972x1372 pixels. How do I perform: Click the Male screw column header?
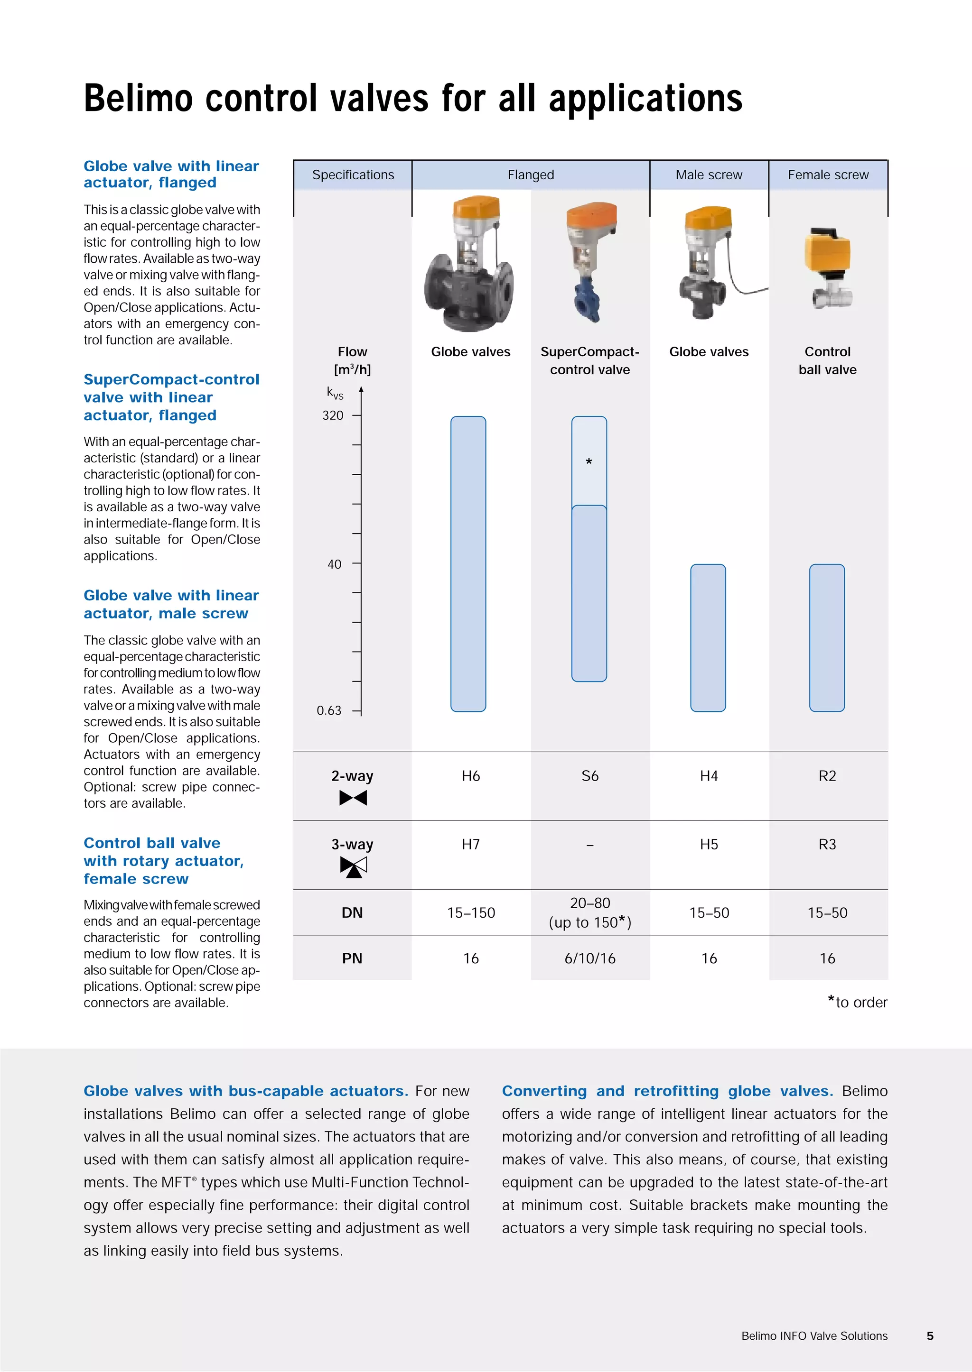click(709, 175)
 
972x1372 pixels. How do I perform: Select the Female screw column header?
click(828, 175)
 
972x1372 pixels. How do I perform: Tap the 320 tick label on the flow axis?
click(333, 415)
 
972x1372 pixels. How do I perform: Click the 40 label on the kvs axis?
click(334, 564)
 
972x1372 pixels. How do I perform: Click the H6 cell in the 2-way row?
click(470, 776)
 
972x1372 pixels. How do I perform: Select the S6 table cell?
click(589, 776)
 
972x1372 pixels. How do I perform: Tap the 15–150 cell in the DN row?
click(470, 912)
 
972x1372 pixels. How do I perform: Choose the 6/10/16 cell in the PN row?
click(589, 958)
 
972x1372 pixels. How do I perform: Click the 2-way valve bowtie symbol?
click(353, 798)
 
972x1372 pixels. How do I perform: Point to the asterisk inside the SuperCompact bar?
click(589, 462)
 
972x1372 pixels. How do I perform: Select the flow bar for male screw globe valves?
click(708, 637)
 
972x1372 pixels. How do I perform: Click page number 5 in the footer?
click(929, 1335)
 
